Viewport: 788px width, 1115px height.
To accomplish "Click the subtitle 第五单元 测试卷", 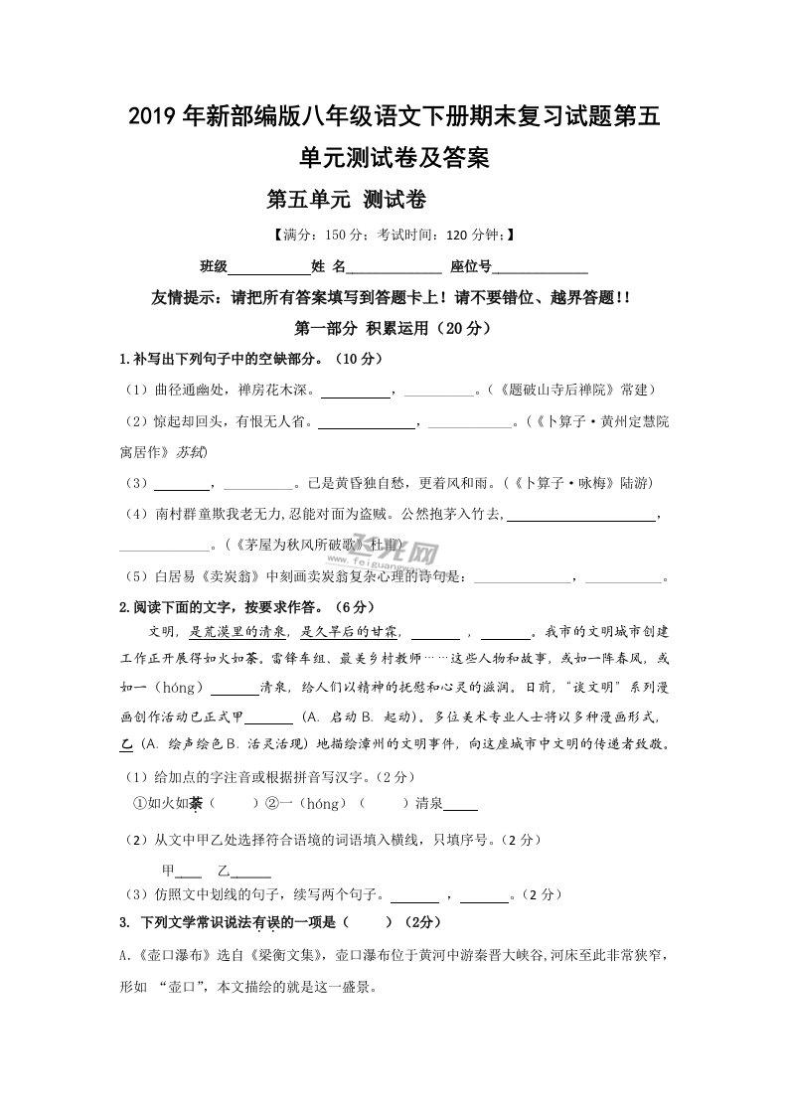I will point(347,200).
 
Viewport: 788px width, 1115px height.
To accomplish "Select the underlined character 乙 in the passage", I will point(126,744).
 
